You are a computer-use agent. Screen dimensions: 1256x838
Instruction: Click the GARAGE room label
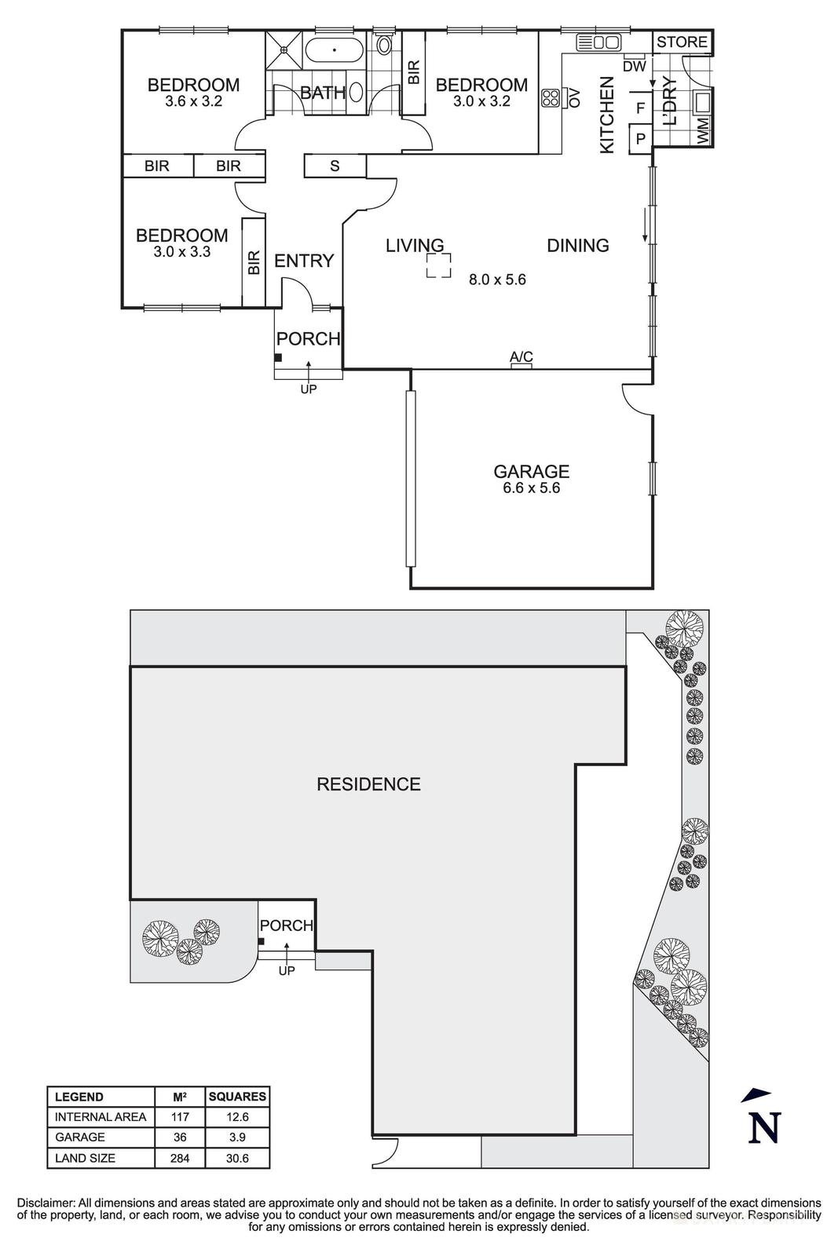[531, 471]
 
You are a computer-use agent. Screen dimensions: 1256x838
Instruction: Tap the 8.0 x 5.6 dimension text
[497, 279]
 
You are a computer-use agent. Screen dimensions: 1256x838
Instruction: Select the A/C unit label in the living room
[521, 358]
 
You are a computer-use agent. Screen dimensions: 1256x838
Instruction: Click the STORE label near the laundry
[682, 42]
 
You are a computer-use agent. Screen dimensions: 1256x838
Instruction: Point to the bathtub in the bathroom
[335, 51]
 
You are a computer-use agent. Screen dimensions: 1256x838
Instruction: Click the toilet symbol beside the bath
[384, 44]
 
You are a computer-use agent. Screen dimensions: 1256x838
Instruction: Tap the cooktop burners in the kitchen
[551, 98]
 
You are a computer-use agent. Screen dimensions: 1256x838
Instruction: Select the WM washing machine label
[702, 130]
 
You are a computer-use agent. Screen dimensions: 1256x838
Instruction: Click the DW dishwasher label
[634, 67]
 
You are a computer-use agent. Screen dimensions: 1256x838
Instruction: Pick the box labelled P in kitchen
[640, 140]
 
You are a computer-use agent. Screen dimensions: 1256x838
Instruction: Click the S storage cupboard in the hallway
[335, 166]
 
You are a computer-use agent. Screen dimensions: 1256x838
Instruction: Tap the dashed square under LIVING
[439, 265]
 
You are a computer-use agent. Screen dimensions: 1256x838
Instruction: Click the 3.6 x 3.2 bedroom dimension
[193, 101]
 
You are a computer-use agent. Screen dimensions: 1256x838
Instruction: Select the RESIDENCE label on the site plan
[368, 784]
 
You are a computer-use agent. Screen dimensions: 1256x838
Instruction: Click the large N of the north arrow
[763, 1128]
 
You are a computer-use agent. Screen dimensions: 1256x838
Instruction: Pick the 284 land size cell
[179, 1158]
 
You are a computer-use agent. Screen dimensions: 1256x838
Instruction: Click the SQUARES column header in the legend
[237, 1097]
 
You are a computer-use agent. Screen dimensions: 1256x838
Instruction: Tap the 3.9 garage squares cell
[237, 1137]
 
